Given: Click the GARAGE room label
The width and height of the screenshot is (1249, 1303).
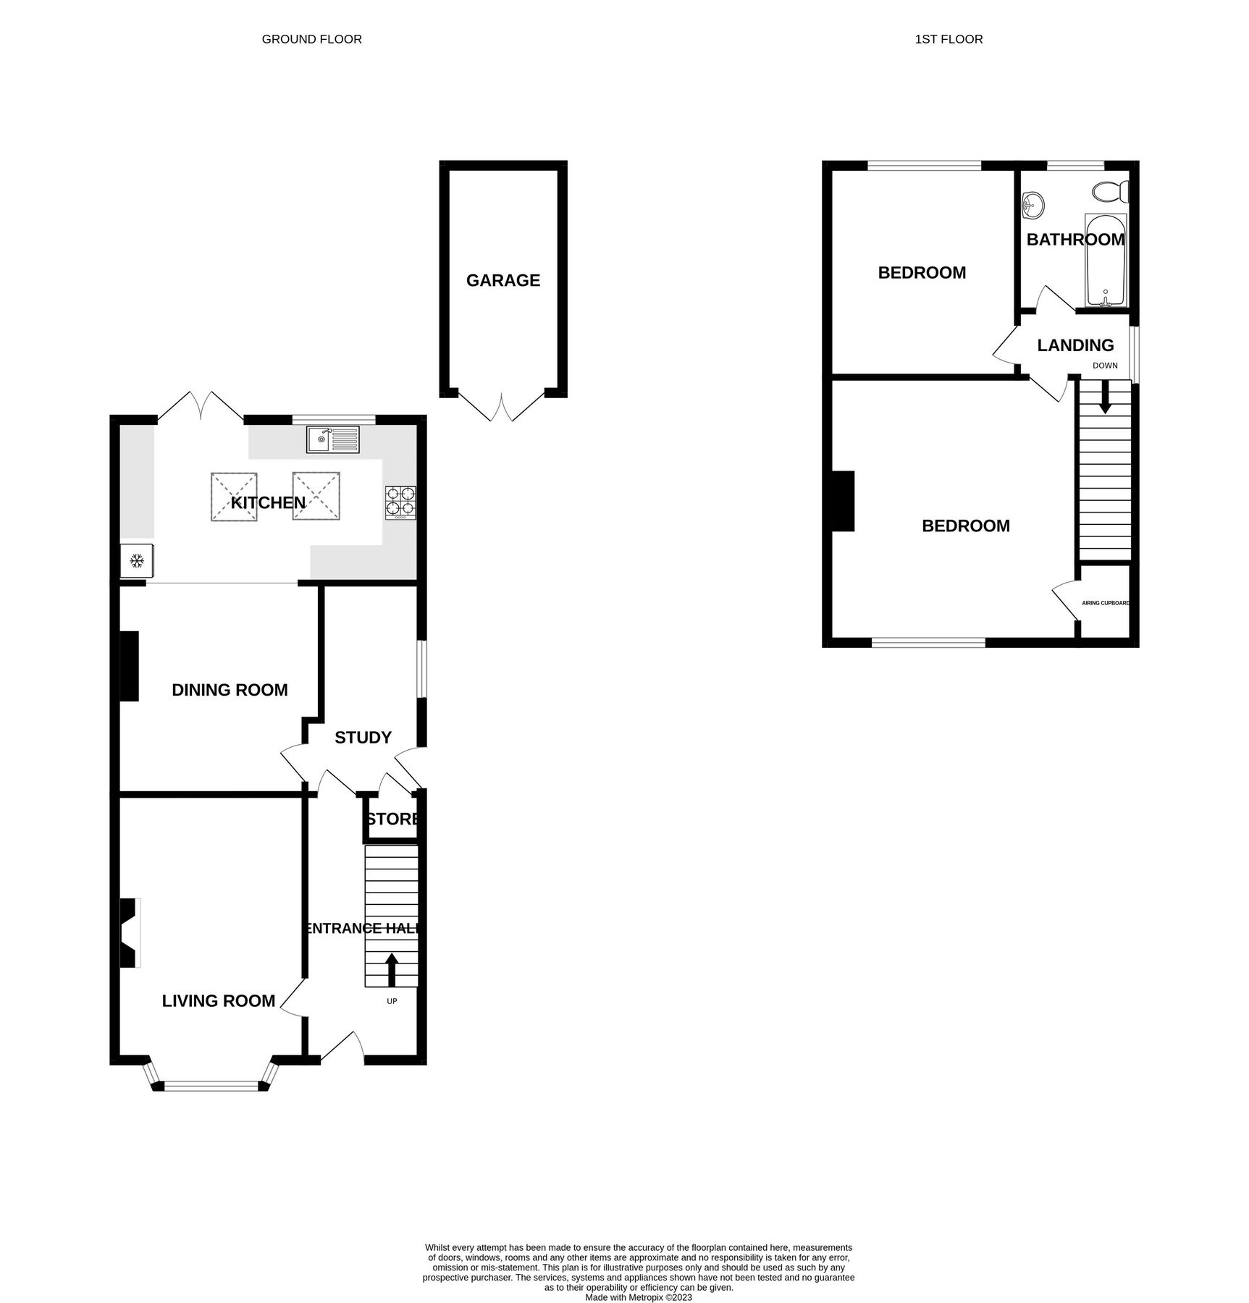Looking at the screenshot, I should (502, 280).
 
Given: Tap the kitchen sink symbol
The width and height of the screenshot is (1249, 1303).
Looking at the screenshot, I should (332, 439).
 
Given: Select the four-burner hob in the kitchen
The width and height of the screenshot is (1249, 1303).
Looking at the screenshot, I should (400, 502).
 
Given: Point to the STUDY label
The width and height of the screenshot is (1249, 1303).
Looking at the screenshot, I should (363, 737).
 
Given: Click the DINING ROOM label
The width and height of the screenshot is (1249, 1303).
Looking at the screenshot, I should (230, 690).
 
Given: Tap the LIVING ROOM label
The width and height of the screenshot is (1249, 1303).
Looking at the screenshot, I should (218, 1000).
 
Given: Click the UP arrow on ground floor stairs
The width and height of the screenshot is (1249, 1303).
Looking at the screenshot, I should (392, 970).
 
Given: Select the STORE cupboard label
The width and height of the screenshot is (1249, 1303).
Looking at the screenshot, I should (392, 819).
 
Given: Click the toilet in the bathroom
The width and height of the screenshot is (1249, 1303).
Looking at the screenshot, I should (1110, 192).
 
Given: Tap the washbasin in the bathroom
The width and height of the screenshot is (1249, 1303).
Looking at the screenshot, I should (1033, 206).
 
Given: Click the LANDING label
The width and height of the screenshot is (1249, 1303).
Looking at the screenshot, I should (1075, 345).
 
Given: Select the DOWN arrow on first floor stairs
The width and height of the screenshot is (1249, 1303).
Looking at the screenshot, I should (1104, 398).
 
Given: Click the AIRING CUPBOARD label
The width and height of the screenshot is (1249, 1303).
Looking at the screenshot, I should (1105, 602).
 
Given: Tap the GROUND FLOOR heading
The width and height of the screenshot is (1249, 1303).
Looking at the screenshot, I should (311, 39).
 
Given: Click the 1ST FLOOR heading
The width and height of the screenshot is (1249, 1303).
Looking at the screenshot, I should (949, 39).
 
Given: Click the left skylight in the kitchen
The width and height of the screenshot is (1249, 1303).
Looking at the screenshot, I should (234, 497).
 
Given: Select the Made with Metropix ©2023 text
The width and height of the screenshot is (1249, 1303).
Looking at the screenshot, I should (638, 1277).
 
